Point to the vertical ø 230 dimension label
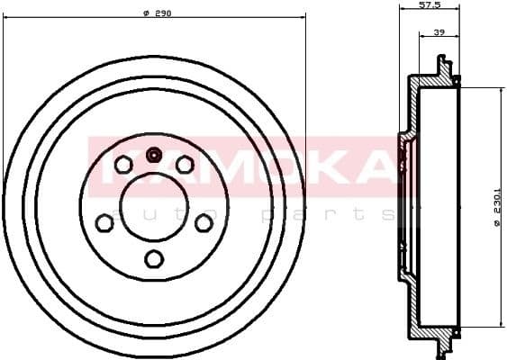pyautogui.click(x=496, y=209)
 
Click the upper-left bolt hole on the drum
pyautogui.click(x=123, y=164)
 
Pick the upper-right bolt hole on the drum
pyautogui.click(x=185, y=164)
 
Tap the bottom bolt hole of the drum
pyautogui.click(x=154, y=259)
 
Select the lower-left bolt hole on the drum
pyautogui.click(x=104, y=222)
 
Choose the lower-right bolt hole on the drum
pyautogui.click(x=204, y=222)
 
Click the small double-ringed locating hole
pyautogui.click(x=154, y=155)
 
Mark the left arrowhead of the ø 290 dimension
pyautogui.click(x=6, y=13)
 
